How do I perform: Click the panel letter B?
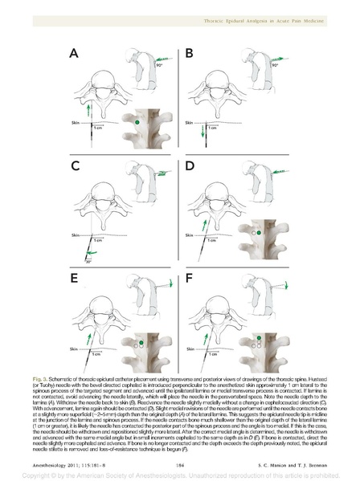tap(190, 54)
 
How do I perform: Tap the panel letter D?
tap(190, 166)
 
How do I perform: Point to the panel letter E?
tap(75, 279)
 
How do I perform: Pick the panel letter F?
tap(190, 279)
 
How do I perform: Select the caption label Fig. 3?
tap(61, 377)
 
